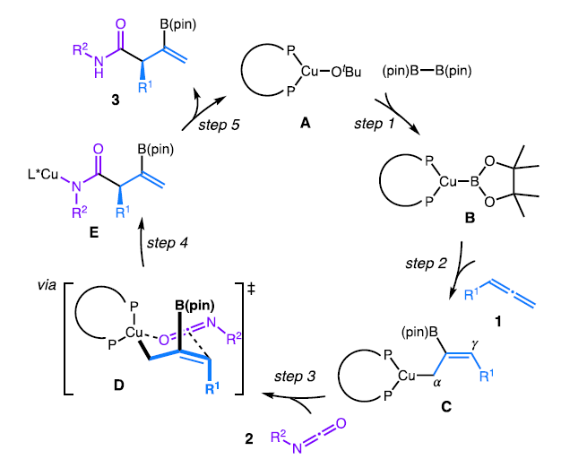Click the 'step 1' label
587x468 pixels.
[376, 122]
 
